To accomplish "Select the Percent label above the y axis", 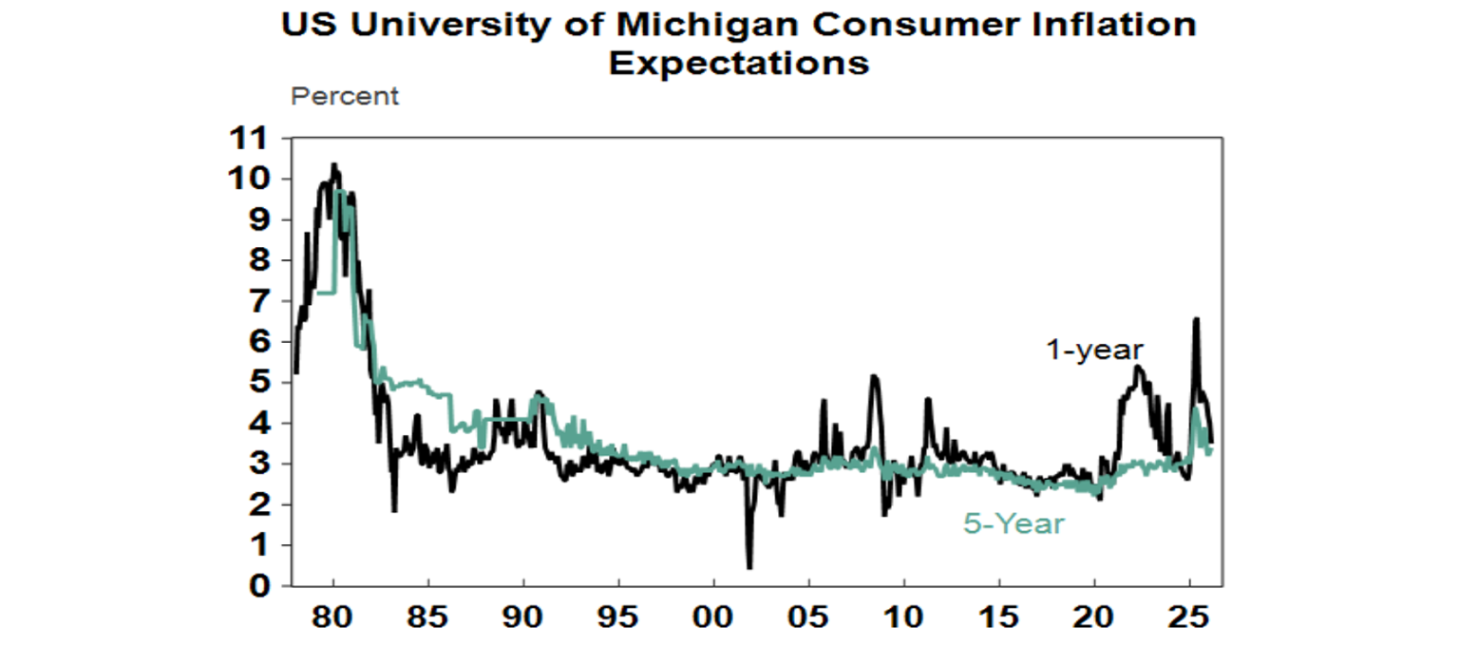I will click(345, 96).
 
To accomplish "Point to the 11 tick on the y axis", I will click(248, 139).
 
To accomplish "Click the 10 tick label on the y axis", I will click(248, 180).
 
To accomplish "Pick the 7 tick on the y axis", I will click(257, 301).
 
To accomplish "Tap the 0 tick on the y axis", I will click(257, 586).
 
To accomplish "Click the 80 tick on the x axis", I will click(333, 614).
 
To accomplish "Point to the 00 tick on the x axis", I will click(713, 614).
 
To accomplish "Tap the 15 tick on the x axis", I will click(999, 614).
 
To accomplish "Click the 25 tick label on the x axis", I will click(1189, 614).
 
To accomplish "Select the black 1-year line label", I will click(1094, 350).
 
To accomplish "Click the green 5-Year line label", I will click(1014, 523).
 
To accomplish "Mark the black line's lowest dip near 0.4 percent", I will click(749, 567).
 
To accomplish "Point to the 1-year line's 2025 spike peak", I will click(1196, 319).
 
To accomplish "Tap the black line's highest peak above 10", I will click(333, 165).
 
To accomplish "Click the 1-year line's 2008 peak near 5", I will click(874, 377).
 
